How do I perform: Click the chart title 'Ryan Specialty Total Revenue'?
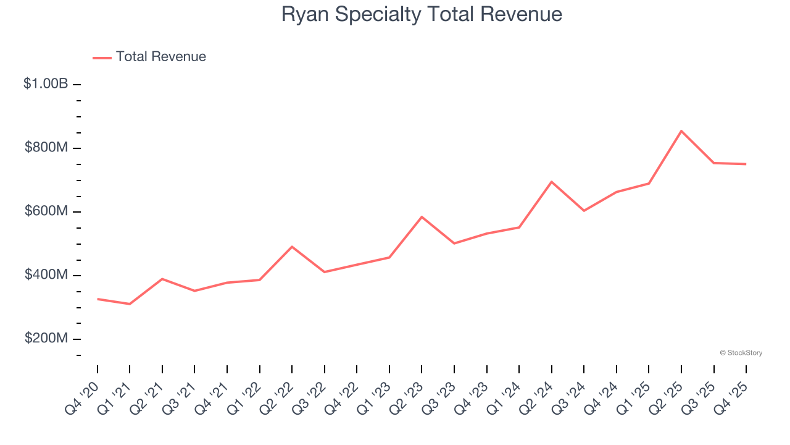point(422,14)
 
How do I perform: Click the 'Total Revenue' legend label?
point(160,57)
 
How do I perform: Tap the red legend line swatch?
point(102,57)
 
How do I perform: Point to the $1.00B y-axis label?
point(46,83)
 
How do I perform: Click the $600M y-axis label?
point(46,211)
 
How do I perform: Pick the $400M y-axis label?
point(46,274)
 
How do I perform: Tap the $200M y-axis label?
point(46,338)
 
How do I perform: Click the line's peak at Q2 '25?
point(681,131)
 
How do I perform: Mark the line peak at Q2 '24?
point(551,182)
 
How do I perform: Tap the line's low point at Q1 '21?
point(130,304)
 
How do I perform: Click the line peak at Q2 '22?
point(292,247)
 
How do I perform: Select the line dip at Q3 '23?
point(454,244)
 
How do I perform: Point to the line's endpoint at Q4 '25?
point(746,164)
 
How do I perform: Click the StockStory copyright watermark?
point(741,353)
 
